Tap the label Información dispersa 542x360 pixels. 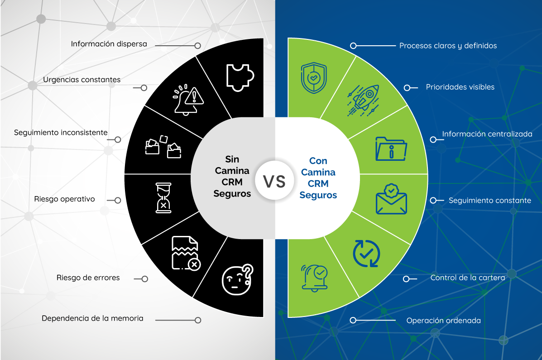109,44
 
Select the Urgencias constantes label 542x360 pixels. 82,80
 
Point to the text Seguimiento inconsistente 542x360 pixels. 61,133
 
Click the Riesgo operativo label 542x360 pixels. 64,199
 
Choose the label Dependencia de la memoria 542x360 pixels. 92,318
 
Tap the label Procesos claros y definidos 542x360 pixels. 448,46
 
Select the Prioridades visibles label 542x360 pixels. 460,87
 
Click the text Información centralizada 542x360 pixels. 487,134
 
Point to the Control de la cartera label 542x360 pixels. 468,278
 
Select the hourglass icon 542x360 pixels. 163,197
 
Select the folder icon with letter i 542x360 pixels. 391,148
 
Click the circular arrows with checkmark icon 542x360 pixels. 366,254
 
